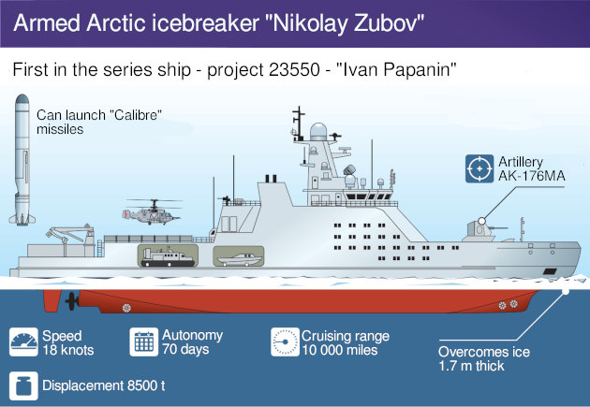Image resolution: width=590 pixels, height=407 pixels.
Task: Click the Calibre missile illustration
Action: [x=22, y=160]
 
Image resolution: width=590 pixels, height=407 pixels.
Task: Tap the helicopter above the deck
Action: [x=152, y=212]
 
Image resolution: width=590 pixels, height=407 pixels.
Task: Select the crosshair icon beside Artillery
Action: [x=479, y=168]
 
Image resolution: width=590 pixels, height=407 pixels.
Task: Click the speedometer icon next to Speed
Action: [x=23, y=342]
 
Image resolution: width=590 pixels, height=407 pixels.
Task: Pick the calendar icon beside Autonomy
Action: [x=143, y=342]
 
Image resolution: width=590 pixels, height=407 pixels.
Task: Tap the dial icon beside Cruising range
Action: [x=285, y=342]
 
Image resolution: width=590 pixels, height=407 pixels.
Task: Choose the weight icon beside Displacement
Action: [x=23, y=386]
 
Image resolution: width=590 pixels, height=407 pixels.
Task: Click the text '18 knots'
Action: [x=68, y=350]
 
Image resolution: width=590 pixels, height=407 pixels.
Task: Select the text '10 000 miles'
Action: [x=340, y=350]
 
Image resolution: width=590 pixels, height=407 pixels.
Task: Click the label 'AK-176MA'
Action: [x=532, y=176]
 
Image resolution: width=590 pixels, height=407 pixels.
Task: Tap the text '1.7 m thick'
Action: [x=471, y=366]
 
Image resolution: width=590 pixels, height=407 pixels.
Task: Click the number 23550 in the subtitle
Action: [x=294, y=70]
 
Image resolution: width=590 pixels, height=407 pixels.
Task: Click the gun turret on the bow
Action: [x=482, y=231]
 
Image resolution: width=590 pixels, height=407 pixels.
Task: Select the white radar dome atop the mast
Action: [x=318, y=132]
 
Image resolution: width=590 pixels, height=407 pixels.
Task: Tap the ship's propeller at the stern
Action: [x=71, y=301]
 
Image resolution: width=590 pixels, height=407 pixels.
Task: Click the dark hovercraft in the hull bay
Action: [x=168, y=258]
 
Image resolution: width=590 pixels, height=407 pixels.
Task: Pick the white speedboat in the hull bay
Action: [x=239, y=259]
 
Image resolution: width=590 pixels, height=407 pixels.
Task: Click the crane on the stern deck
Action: [x=71, y=235]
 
